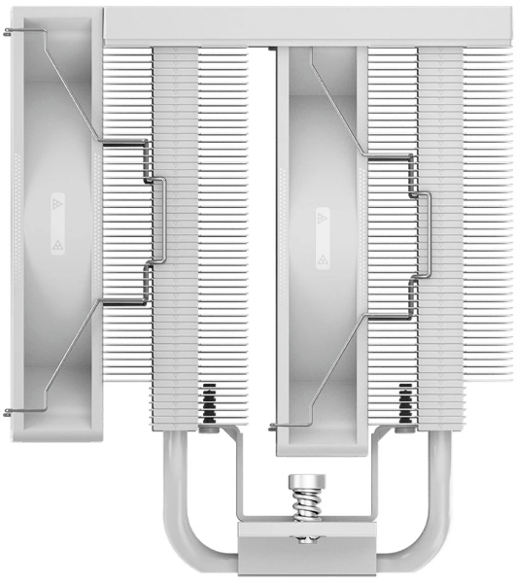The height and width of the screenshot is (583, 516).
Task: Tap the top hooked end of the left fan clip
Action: coord(10,32)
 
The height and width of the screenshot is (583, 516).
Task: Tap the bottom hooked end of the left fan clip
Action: coord(10,413)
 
